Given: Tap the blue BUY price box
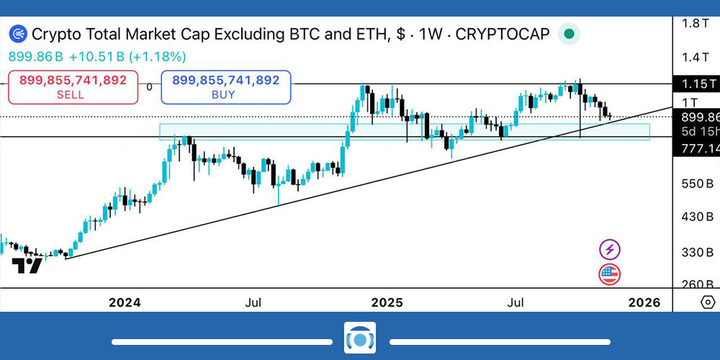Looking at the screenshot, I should click(226, 86).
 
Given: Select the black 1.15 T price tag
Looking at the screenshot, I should click(695, 84).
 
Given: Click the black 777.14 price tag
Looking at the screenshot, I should click(695, 148).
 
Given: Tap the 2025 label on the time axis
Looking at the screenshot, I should click(387, 302).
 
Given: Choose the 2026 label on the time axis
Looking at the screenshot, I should click(644, 302).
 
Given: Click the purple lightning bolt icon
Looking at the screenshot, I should click(610, 250).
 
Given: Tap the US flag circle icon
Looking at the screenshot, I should click(610, 274).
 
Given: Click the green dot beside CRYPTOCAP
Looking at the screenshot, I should click(570, 34).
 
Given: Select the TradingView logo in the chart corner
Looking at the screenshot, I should click(27, 266).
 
